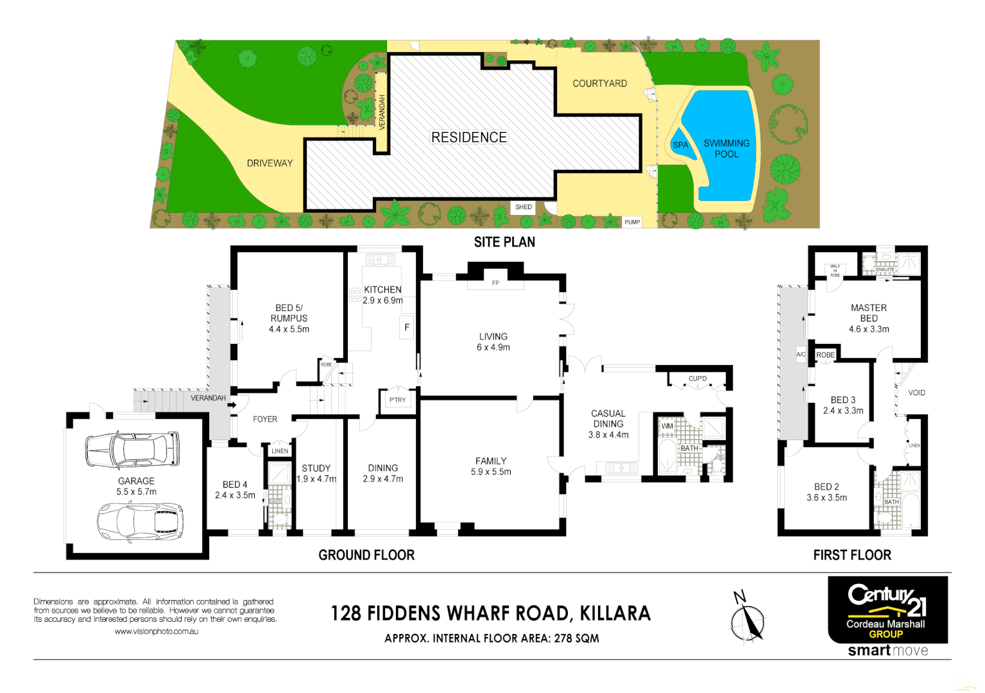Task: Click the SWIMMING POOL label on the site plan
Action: point(726,148)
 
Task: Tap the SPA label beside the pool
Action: point(680,145)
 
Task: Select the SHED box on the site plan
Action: point(524,207)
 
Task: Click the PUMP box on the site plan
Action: point(632,222)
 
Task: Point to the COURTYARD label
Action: point(599,83)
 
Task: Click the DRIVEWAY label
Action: point(270,163)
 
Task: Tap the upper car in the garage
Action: point(132,449)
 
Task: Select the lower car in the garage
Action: point(140,520)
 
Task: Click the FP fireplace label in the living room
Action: point(495,283)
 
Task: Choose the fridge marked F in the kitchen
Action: point(407,327)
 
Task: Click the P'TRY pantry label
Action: point(397,400)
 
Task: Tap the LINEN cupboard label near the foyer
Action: point(280,451)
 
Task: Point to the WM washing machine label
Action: point(667,426)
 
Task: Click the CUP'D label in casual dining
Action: point(698,379)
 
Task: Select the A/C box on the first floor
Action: point(801,354)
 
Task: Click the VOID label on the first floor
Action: point(916,393)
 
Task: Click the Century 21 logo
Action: point(887,601)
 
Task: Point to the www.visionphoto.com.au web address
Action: point(156,631)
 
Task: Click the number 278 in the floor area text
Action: point(563,638)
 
